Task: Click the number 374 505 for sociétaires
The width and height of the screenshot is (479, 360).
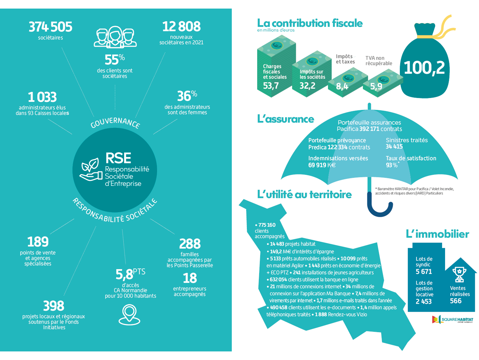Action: [50, 27]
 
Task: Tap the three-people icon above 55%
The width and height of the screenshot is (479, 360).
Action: [115, 37]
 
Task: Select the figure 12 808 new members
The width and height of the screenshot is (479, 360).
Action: [181, 26]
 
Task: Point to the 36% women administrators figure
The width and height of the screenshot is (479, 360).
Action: [187, 96]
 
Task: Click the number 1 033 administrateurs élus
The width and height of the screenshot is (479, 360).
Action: [42, 97]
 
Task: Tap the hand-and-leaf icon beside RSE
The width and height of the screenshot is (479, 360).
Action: [91, 169]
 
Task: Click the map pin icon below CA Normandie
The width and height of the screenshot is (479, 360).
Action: [129, 315]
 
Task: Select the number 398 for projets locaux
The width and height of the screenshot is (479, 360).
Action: [53, 306]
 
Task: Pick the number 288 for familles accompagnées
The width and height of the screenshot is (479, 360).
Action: [190, 244]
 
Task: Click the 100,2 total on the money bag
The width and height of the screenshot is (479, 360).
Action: [424, 68]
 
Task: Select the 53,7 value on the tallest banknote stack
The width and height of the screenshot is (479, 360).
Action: [271, 86]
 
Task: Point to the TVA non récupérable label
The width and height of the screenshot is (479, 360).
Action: [379, 61]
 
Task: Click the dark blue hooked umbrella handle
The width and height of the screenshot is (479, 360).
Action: [380, 206]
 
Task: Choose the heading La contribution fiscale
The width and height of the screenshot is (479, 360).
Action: [310, 23]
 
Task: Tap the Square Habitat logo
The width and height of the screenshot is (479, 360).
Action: [452, 320]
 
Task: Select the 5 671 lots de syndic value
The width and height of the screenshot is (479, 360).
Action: [424, 272]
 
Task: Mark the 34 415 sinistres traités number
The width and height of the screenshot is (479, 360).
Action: [394, 146]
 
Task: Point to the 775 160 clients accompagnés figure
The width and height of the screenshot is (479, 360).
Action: [267, 225]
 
